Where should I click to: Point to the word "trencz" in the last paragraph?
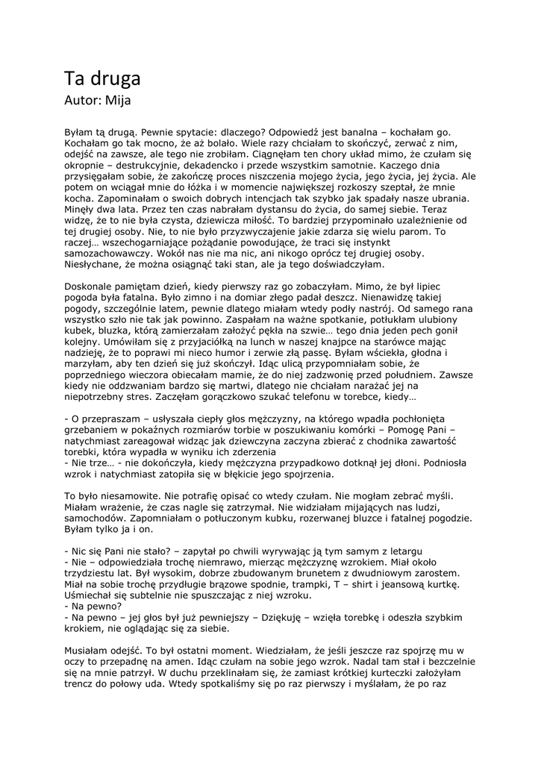pyautogui.click(x=83, y=682)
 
